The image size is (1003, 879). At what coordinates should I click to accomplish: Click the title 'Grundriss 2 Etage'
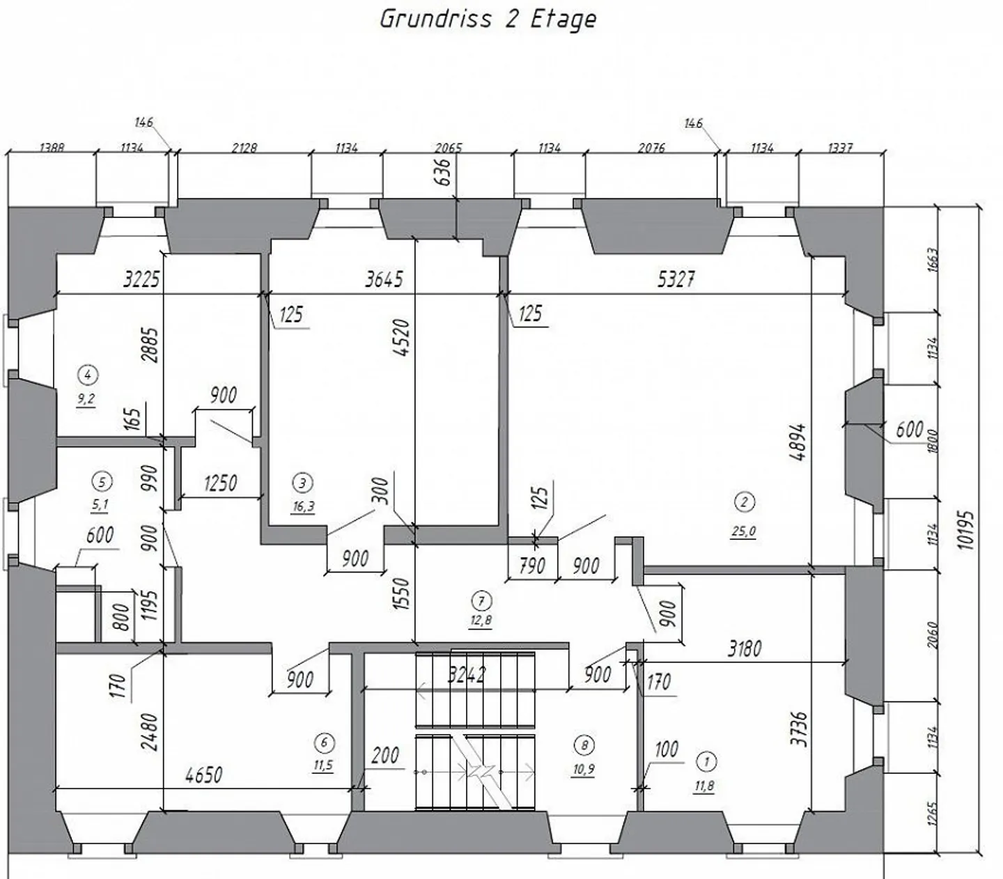tap(488, 19)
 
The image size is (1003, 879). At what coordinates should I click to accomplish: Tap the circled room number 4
tap(87, 375)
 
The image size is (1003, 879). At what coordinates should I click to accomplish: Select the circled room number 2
tap(744, 501)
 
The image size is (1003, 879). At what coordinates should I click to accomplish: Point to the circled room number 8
tap(584, 745)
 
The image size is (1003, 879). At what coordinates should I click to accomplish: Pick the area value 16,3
tap(303, 506)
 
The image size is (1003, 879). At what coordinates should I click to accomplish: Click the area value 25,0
tap(743, 531)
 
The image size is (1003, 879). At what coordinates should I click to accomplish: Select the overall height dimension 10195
tap(965, 531)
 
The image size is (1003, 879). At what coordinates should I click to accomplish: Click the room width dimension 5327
tap(676, 279)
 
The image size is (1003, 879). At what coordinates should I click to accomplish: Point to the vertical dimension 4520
tap(401, 339)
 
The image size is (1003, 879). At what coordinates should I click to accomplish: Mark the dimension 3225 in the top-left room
tap(141, 279)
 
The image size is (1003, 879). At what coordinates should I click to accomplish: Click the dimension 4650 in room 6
tap(203, 775)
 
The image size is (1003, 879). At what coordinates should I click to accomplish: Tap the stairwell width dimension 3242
tap(466, 674)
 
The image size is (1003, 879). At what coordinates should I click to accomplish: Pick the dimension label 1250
tap(220, 483)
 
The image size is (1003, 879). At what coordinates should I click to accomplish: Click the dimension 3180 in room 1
tap(745, 649)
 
